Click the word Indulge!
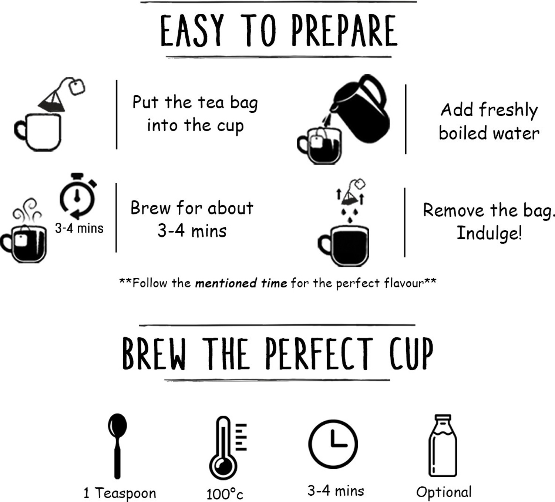pos(489,233)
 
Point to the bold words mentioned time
pos(241,283)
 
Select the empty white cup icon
pos(38,132)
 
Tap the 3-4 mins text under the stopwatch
pos(79,228)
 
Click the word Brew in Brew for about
pos(151,208)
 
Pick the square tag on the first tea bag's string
pos(77,87)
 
